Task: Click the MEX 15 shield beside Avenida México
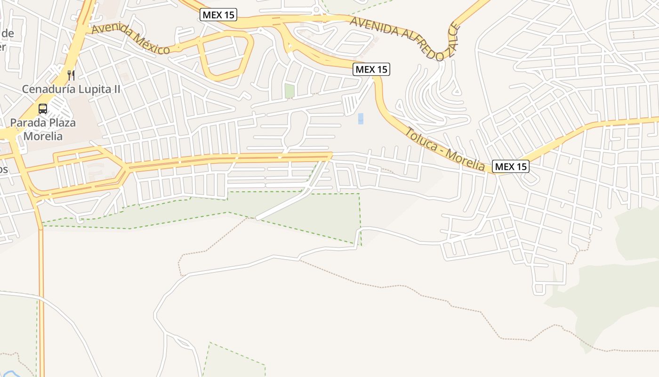[218, 15]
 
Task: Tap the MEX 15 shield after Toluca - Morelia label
[511, 166]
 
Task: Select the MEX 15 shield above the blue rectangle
[371, 69]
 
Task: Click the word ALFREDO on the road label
[418, 44]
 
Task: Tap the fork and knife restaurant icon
[71, 74]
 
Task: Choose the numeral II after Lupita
[116, 89]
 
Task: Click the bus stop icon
[43, 109]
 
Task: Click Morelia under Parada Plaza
[43, 136]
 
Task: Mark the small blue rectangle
[361, 118]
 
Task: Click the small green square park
[289, 91]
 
